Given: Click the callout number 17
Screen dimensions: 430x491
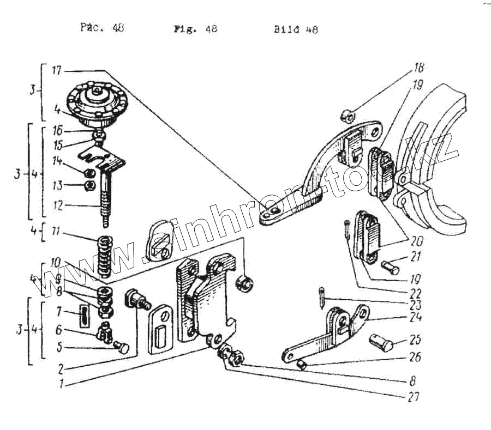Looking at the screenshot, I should (57, 71).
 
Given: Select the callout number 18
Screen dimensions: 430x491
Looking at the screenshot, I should (418, 69).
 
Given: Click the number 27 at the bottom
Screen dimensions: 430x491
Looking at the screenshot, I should (413, 397).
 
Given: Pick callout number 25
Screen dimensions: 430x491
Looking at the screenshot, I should (414, 341).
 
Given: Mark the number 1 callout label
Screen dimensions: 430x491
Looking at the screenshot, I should (61, 384).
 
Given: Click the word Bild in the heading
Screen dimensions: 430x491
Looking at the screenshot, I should (286, 29).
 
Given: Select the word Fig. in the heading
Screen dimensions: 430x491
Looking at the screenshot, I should (185, 29).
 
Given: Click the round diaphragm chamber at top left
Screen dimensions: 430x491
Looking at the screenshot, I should (97, 104).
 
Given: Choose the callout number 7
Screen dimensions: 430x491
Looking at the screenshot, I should (59, 312).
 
